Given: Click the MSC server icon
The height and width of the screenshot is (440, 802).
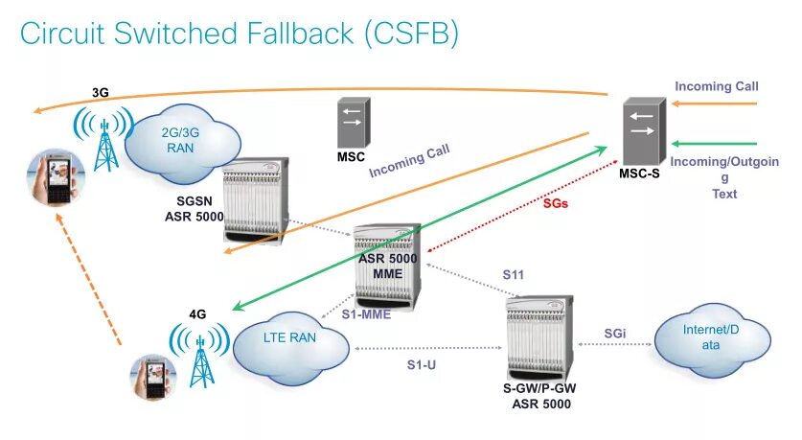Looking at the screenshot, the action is click(x=354, y=123).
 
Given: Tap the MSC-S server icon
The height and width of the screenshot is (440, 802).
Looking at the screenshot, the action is click(x=645, y=131).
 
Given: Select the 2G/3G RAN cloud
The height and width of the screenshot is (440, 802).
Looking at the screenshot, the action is click(x=182, y=143).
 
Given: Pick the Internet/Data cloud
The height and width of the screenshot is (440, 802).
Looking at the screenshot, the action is click(x=713, y=340).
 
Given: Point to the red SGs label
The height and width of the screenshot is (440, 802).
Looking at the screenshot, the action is click(x=556, y=203).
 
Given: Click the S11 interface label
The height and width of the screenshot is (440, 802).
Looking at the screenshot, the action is click(x=513, y=275).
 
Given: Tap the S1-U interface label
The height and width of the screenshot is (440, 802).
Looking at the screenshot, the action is click(x=422, y=365).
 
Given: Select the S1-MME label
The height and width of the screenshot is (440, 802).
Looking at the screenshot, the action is click(x=366, y=314).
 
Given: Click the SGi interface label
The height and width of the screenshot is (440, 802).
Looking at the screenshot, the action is click(x=615, y=334).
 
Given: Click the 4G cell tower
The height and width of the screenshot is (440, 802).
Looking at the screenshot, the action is click(x=200, y=356).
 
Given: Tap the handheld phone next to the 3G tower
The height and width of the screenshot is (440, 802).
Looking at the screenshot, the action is click(x=56, y=177).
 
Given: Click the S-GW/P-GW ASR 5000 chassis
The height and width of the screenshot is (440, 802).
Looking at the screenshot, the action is click(x=539, y=337).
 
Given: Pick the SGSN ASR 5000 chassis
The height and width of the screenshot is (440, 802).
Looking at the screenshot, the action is click(x=256, y=199).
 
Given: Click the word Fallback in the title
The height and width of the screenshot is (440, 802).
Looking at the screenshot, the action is click(x=300, y=34).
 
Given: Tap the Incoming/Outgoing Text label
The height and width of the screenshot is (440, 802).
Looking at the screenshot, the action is click(x=724, y=177).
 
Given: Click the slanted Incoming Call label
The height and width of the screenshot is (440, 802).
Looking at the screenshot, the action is click(x=409, y=161).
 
